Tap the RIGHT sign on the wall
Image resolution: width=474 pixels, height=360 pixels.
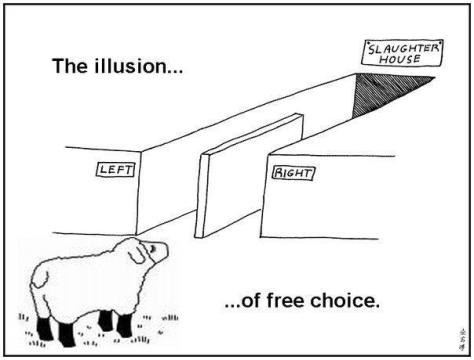[x=293, y=173]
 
